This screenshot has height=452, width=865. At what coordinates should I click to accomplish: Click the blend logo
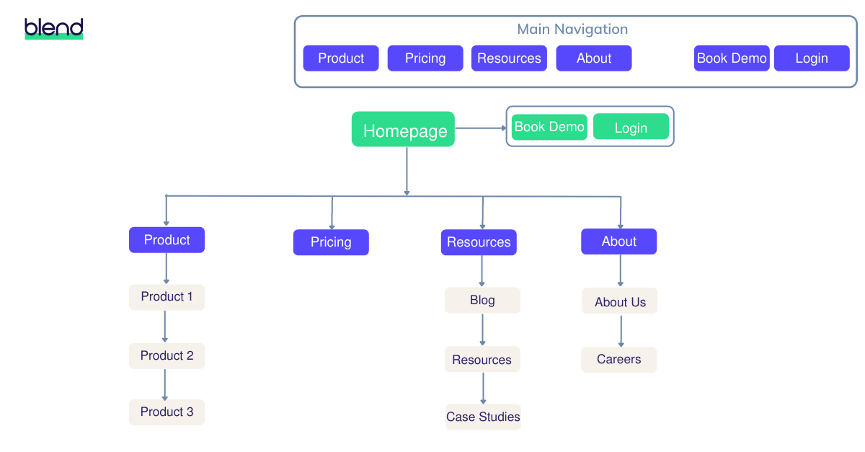54,29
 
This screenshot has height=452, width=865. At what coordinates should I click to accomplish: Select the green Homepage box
403,130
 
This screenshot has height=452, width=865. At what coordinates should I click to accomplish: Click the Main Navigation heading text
572,30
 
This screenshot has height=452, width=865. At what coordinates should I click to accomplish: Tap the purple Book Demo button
732,58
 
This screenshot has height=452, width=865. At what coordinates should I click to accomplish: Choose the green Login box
631,128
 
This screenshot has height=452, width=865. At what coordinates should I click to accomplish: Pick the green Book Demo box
549,127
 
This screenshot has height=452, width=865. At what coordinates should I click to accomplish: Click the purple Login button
812,58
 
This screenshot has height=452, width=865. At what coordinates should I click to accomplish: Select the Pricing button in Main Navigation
425,58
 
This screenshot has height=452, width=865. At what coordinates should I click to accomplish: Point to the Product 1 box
167,297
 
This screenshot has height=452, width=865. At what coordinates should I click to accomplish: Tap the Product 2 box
167,355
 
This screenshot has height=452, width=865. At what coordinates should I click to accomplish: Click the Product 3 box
167,412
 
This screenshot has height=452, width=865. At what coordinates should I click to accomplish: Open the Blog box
482,301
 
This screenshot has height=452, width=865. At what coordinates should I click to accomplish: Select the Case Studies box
483,417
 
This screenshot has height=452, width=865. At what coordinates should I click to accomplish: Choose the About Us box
620,301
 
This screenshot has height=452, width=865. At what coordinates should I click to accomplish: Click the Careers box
619,360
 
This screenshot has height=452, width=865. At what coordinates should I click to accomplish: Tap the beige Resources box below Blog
482,360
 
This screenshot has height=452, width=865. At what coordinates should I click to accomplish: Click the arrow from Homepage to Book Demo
481,128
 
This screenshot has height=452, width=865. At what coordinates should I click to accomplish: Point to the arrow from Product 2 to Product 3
165,384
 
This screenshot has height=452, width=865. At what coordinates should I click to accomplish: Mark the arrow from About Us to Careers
621,330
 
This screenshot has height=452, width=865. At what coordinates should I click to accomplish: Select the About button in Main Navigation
594,58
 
